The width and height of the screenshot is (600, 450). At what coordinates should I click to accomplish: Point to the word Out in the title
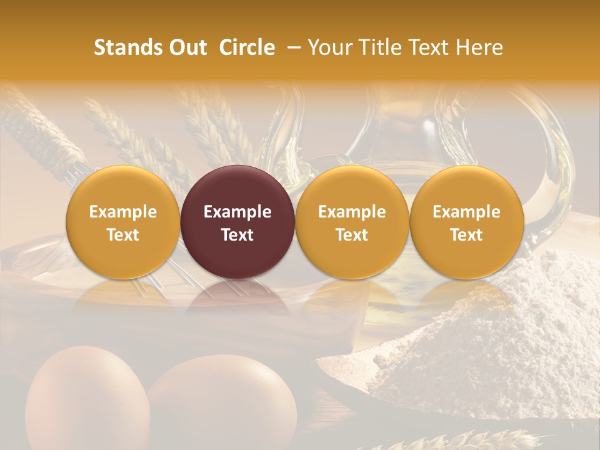pyautogui.click(x=186, y=47)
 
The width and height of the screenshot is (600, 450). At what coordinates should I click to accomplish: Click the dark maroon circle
pyautogui.click(x=237, y=222)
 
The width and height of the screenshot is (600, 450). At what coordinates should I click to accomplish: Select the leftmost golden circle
pyautogui.click(x=122, y=222)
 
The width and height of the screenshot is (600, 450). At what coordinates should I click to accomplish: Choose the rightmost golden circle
pyautogui.click(x=467, y=222)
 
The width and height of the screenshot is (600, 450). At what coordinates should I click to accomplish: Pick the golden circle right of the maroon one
pyautogui.click(x=352, y=222)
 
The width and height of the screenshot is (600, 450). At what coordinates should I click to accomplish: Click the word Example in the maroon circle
pyautogui.click(x=237, y=212)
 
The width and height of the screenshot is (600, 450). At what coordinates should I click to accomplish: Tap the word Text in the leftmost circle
pyautogui.click(x=122, y=235)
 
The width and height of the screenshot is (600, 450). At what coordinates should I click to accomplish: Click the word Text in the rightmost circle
pyautogui.click(x=467, y=235)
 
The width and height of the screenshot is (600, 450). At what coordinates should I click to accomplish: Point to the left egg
pyautogui.click(x=84, y=400)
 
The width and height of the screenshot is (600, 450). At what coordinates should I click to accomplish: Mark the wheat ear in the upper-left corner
pyautogui.click(x=37, y=125)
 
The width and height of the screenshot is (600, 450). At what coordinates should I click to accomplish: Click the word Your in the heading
pyautogui.click(x=329, y=47)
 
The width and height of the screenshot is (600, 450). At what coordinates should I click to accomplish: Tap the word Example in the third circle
pyautogui.click(x=352, y=212)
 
